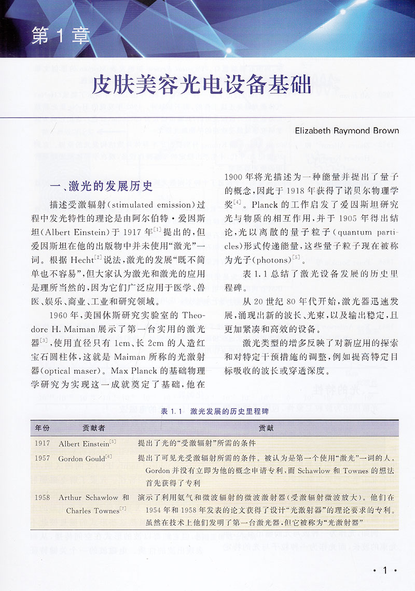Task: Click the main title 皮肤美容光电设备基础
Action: [x=201, y=85]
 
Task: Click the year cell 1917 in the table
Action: [x=43, y=444]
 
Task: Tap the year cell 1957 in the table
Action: [x=43, y=459]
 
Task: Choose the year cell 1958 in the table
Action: [x=43, y=498]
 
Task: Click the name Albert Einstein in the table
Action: [x=83, y=444]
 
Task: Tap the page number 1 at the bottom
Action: [x=385, y=570]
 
